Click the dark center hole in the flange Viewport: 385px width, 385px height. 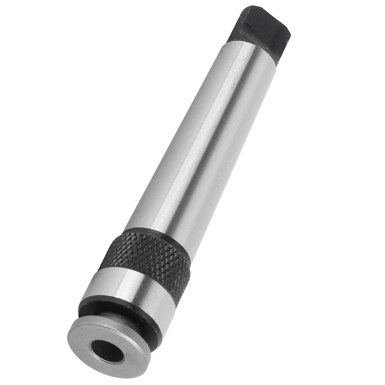(x=107, y=351)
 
